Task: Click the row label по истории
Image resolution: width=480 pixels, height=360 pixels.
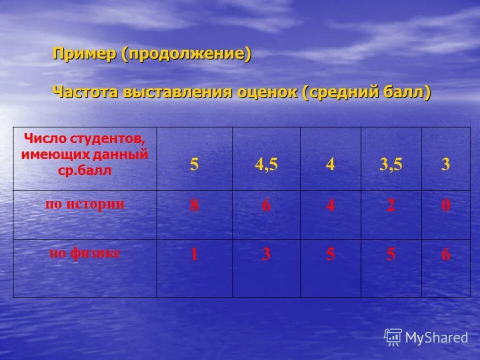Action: pos(85,204)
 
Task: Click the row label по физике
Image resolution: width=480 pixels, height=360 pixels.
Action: pos(84,253)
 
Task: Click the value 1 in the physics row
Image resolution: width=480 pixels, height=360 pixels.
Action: pos(194,254)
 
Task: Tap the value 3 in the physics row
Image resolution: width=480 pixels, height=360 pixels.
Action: pos(266,254)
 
